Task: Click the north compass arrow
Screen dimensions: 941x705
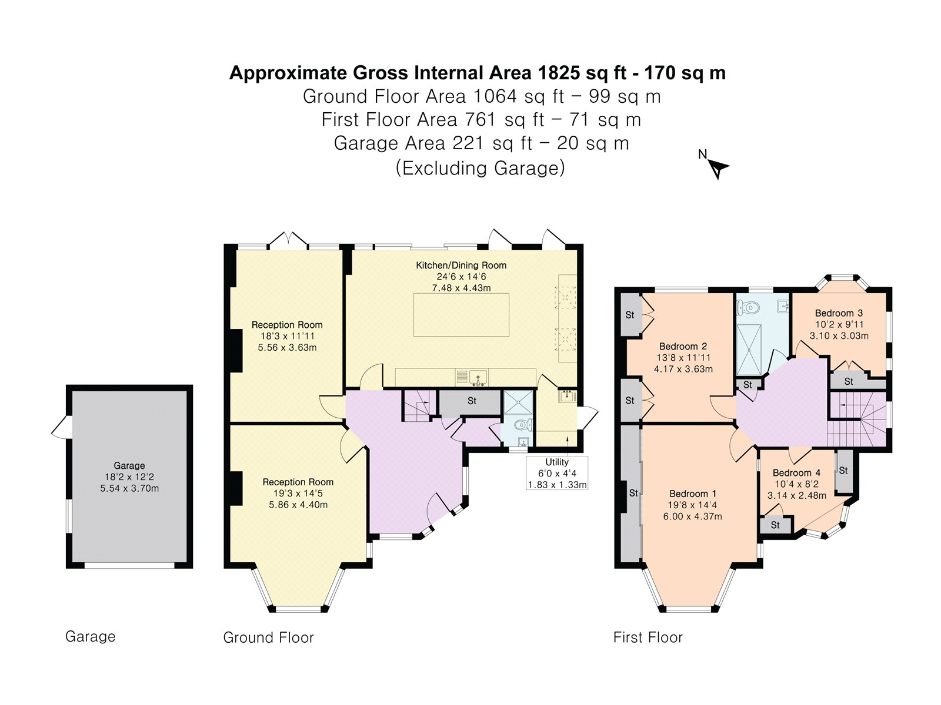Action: (718, 169)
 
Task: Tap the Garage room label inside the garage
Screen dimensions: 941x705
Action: (129, 465)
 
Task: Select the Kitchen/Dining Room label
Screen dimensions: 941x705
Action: (461, 265)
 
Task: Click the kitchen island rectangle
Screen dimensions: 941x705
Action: (461, 315)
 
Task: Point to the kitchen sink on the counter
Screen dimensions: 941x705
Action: (478, 378)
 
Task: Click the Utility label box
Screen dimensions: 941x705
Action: (557, 473)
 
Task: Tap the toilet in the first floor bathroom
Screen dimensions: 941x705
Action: (748, 307)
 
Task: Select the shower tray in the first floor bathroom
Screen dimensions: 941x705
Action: (749, 350)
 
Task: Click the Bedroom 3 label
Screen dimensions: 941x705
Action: (839, 313)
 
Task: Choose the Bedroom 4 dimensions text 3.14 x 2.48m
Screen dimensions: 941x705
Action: (796, 495)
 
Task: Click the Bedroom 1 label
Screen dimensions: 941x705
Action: (692, 493)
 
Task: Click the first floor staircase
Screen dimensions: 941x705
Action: (857, 419)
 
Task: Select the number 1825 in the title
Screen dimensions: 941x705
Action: (558, 73)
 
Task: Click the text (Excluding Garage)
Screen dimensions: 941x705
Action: (480, 168)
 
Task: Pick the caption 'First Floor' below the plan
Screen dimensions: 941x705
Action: (648, 637)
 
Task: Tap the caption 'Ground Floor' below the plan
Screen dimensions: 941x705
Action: (268, 637)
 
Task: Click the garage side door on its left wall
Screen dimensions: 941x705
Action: (60, 427)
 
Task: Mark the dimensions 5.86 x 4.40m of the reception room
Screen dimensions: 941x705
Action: (298, 505)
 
